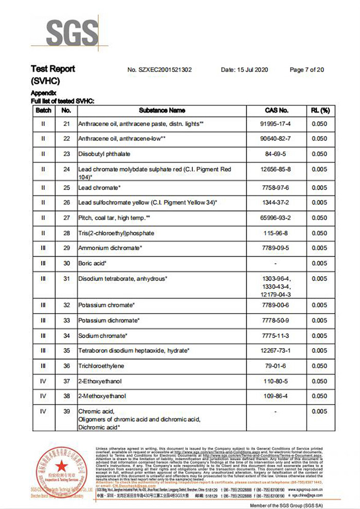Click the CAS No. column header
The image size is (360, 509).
[x=277, y=111]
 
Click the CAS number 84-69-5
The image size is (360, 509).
[x=277, y=154]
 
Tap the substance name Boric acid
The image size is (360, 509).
[x=92, y=263]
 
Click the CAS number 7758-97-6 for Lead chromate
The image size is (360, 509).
[x=277, y=188]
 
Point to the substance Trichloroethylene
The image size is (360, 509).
[x=102, y=366]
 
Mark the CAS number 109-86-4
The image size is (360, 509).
[x=277, y=396]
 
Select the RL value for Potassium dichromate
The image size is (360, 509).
[x=319, y=320]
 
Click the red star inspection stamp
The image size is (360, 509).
[x=61, y=467]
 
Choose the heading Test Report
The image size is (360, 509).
[x=53, y=69]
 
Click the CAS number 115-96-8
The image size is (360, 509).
[x=277, y=233]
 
